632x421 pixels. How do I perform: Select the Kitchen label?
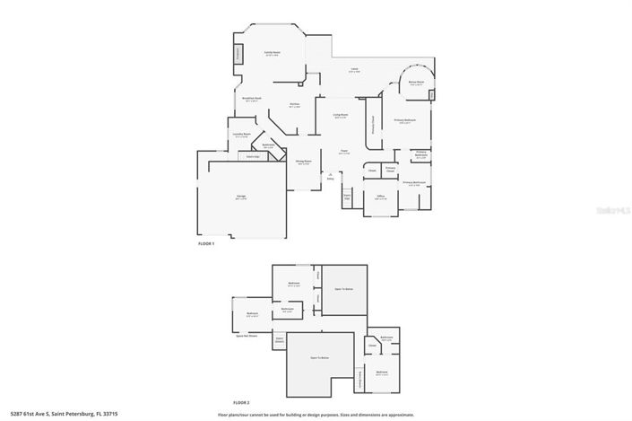(294, 105)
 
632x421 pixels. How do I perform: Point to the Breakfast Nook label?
(252, 99)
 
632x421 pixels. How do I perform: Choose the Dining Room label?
(303, 162)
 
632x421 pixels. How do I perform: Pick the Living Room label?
(341, 116)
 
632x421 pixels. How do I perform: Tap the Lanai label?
(355, 70)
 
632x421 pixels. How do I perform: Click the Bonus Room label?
(417, 82)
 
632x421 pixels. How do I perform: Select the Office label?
(380, 197)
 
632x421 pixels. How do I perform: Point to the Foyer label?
(343, 152)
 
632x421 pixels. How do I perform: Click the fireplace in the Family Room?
(238, 54)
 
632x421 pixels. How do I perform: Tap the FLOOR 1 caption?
(206, 244)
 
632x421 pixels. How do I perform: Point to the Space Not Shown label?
(247, 336)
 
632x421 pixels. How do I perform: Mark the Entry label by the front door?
(330, 179)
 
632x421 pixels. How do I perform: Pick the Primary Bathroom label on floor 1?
(413, 183)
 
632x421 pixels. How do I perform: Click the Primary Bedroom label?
(405, 120)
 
